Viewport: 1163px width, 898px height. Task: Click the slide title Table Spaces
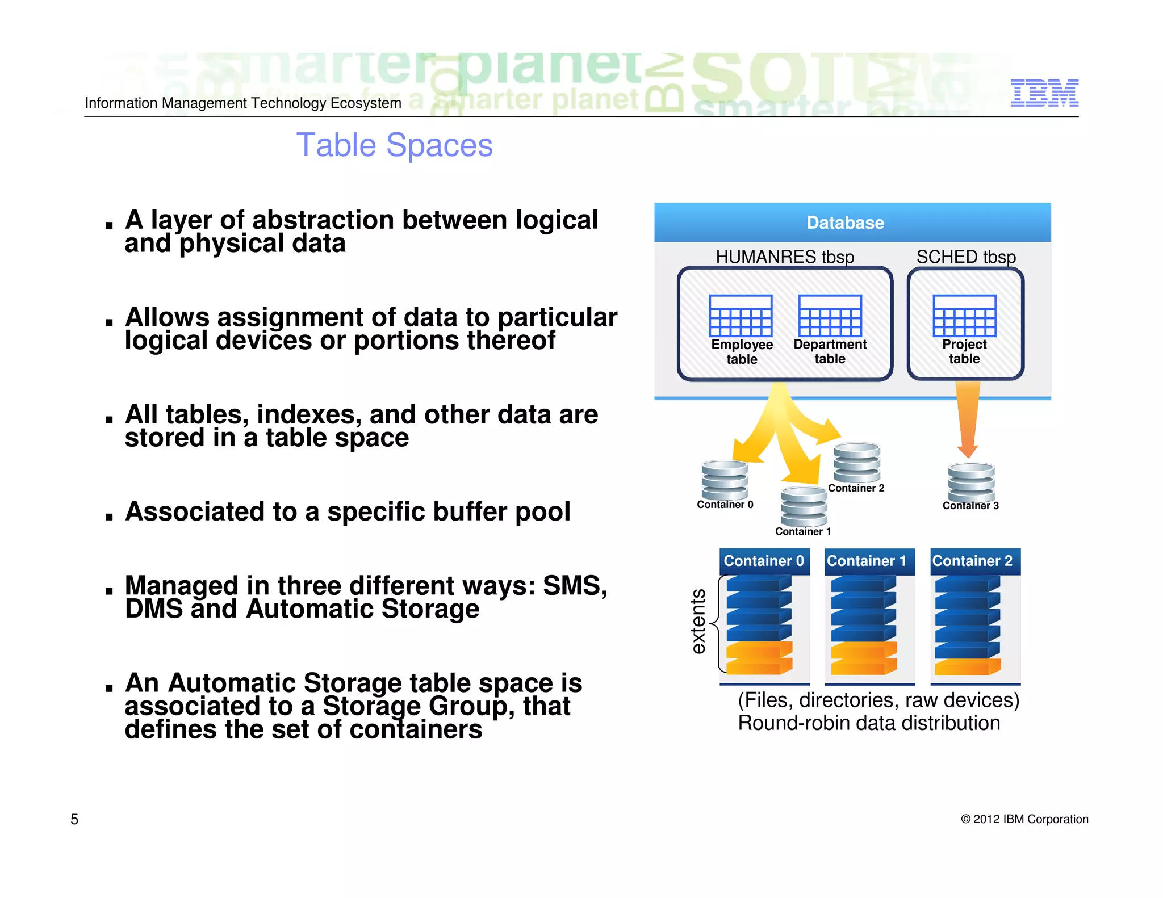pyautogui.click(x=394, y=145)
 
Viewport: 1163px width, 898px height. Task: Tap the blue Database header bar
pyautogui.click(x=852, y=223)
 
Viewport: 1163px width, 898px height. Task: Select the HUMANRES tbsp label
pyautogui.click(x=785, y=257)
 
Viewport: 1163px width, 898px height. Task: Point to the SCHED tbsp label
pyautogui.click(x=965, y=257)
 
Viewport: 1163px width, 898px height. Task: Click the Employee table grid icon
pyautogui.click(x=741, y=316)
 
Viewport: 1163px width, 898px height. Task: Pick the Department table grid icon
pyautogui.click(x=830, y=316)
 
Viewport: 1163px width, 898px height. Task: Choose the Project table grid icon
pyautogui.click(x=964, y=316)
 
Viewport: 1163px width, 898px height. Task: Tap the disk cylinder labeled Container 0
pyautogui.click(x=724, y=480)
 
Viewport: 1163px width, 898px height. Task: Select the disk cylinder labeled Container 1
pyautogui.click(x=804, y=506)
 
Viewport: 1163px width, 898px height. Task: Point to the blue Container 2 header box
pyautogui.click(x=974, y=561)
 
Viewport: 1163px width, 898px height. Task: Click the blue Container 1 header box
pyautogui.click(x=869, y=561)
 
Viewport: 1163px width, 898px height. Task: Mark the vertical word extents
pyautogui.click(x=698, y=622)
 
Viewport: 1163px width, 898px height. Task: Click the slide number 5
pyautogui.click(x=74, y=819)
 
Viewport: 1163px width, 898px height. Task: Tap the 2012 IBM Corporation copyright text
pyautogui.click(x=1024, y=819)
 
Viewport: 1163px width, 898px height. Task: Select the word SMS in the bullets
pyautogui.click(x=574, y=586)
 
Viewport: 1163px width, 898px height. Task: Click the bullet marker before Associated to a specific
pyautogui.click(x=109, y=517)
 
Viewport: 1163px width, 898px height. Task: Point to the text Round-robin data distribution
pyautogui.click(x=869, y=723)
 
